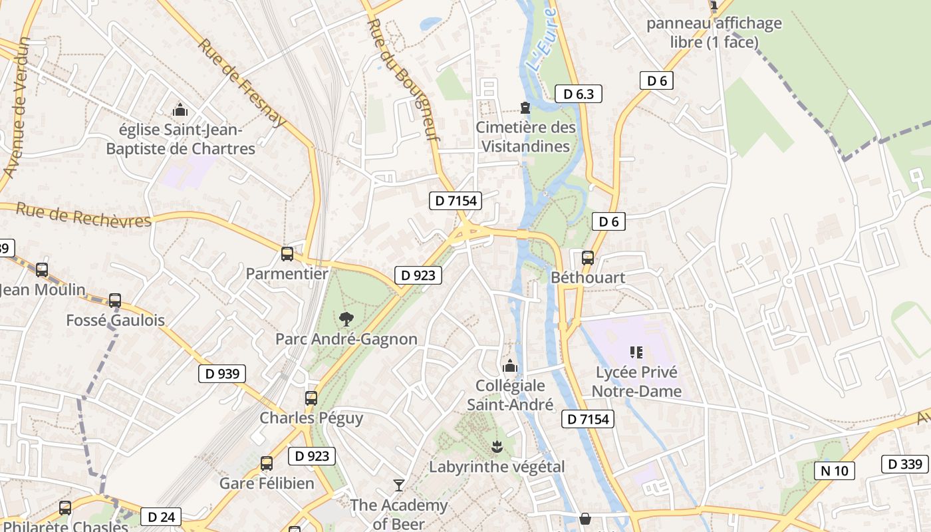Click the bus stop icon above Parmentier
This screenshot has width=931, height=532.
[287, 253]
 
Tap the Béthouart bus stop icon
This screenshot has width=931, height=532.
[588, 257]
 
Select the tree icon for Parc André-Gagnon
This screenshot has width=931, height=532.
[346, 319]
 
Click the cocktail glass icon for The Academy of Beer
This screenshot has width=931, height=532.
[399, 485]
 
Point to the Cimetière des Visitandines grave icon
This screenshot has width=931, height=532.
[525, 107]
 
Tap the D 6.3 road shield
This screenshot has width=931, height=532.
[578, 94]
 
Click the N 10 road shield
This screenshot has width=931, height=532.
[835, 471]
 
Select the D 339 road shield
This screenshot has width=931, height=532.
[905, 464]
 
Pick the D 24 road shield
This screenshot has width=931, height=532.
[161, 517]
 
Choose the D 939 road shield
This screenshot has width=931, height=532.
[222, 374]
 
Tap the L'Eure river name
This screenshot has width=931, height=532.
[541, 40]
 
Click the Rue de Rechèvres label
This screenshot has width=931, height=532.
[84, 215]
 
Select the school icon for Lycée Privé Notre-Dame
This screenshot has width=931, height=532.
[636, 352]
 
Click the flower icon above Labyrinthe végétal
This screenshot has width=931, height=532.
[496, 446]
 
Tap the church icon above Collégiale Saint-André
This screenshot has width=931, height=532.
[510, 366]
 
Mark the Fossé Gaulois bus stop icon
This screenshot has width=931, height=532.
[115, 300]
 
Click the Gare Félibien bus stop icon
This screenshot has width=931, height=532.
[267, 463]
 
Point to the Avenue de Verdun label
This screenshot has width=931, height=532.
[17, 106]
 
